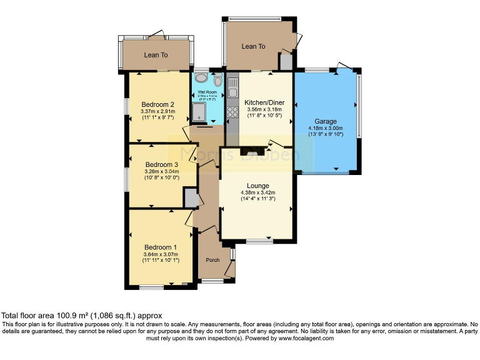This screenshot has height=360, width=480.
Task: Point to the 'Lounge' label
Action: pos(257,186)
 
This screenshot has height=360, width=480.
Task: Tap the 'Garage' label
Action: pos(326,121)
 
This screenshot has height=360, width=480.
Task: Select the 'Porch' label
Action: pos(212,260)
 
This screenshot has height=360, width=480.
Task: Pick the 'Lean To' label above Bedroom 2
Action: pos(156,55)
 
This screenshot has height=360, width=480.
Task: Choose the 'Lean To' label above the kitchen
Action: pos(254,46)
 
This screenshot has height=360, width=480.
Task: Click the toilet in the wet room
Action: pos(217,81)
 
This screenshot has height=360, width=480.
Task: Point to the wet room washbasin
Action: pos(201,77)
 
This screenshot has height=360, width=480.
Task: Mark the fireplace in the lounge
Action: pos(252,152)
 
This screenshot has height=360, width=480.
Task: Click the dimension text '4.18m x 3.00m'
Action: pos(326,129)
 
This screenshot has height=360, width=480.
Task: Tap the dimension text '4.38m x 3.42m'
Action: pos(257,193)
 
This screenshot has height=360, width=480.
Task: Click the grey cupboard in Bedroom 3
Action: pos(190,198)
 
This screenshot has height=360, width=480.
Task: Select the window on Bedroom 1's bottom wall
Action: pos(151,287)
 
